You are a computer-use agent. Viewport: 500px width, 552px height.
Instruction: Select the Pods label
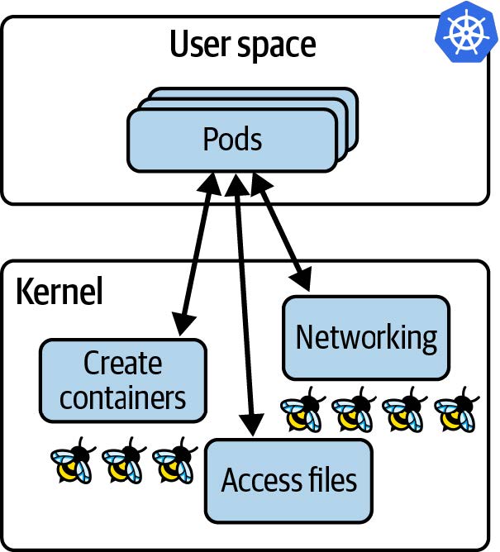(x=232, y=139)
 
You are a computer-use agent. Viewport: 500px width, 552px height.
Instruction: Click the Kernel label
(x=59, y=292)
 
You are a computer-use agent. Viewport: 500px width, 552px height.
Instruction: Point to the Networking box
(x=366, y=337)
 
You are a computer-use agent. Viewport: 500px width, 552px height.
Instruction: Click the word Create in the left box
(x=122, y=364)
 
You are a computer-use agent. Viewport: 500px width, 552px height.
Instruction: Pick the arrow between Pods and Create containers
(x=197, y=252)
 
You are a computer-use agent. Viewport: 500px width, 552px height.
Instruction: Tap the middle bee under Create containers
(x=123, y=463)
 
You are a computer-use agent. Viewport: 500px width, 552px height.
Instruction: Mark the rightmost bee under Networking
(x=455, y=412)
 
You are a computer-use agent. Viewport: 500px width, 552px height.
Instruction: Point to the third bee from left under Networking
(x=404, y=412)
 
